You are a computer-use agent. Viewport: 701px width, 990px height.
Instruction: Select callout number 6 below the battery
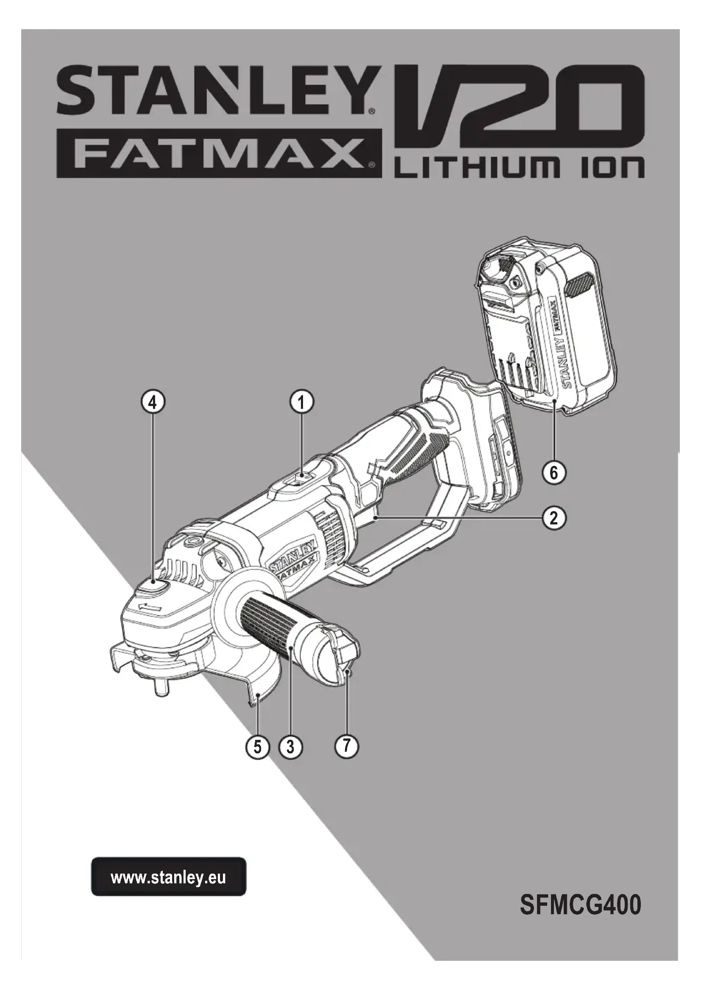click(554, 473)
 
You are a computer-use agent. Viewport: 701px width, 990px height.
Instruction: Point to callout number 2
click(554, 518)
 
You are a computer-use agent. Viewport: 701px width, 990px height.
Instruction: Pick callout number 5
click(258, 746)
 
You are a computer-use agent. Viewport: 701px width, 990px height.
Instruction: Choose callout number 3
click(290, 746)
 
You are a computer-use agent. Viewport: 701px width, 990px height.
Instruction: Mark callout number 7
click(347, 745)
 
